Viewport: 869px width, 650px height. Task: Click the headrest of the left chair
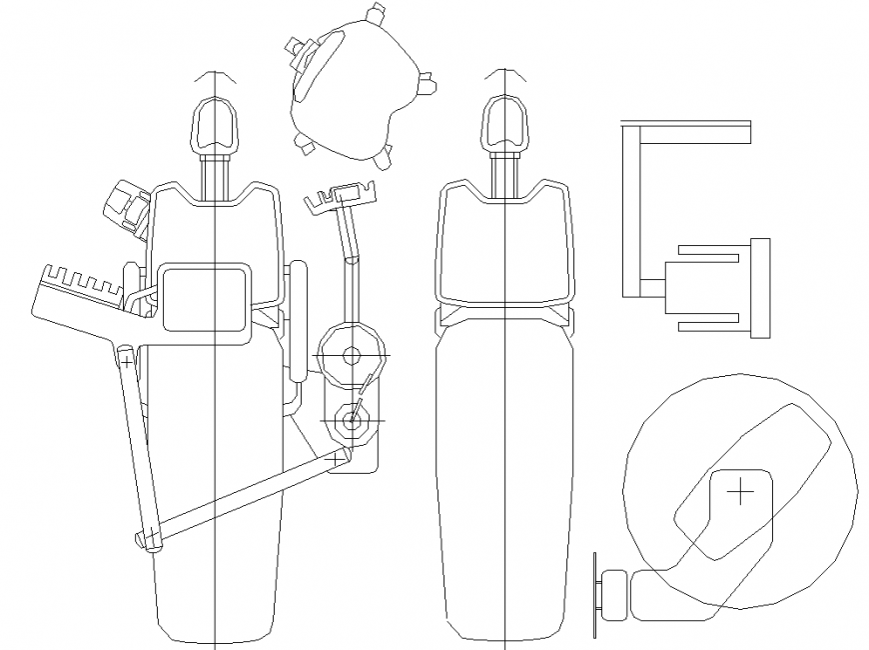click(x=215, y=123)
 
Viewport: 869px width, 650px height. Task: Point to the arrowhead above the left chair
click(x=215, y=76)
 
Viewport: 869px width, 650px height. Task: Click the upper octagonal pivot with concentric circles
click(x=351, y=355)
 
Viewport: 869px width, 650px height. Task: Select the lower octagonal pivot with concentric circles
click(x=351, y=421)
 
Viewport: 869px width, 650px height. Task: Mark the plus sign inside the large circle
click(x=739, y=492)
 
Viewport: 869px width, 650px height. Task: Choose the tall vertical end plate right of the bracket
click(x=760, y=288)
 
